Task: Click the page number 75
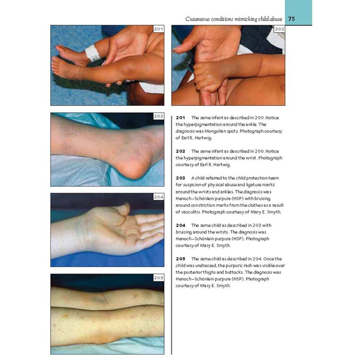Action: [x=291, y=19]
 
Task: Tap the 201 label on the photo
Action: [x=158, y=29]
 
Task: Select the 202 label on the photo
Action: [x=279, y=29]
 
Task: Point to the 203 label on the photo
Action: [x=158, y=117]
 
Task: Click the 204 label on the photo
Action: [x=158, y=197]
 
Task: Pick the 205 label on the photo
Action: [x=158, y=278]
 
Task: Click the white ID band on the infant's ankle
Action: [x=93, y=53]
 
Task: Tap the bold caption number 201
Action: [x=181, y=118]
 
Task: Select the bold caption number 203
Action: [x=181, y=178]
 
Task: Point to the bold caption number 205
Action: [x=181, y=259]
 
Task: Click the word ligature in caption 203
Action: [x=253, y=185]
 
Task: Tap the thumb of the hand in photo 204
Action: [x=123, y=209]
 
